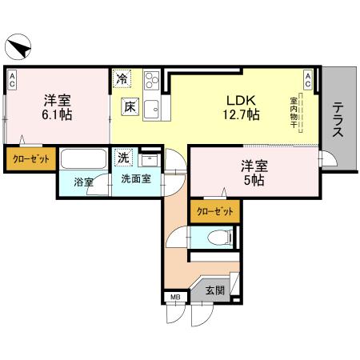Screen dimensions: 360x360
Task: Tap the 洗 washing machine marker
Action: click(x=124, y=157)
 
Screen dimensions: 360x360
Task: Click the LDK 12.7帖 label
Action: click(x=241, y=107)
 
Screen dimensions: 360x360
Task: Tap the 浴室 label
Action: click(x=83, y=182)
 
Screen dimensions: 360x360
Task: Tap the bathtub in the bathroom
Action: click(x=84, y=159)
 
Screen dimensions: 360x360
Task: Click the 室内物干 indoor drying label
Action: click(x=294, y=112)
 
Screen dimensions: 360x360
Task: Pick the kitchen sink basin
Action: click(x=154, y=107)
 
